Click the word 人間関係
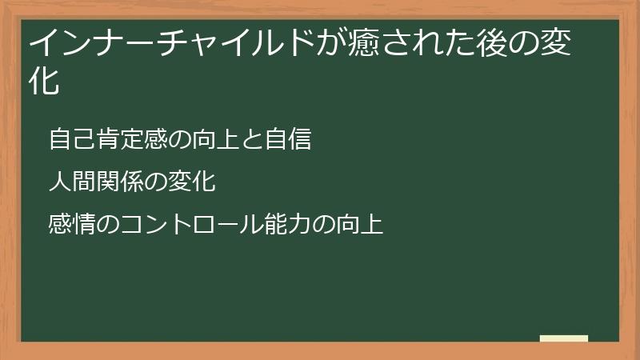(95, 182)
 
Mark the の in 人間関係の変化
(155, 182)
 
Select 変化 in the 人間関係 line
(191, 182)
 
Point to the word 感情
(71, 224)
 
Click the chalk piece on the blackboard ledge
(564, 338)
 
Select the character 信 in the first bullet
(298, 139)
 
